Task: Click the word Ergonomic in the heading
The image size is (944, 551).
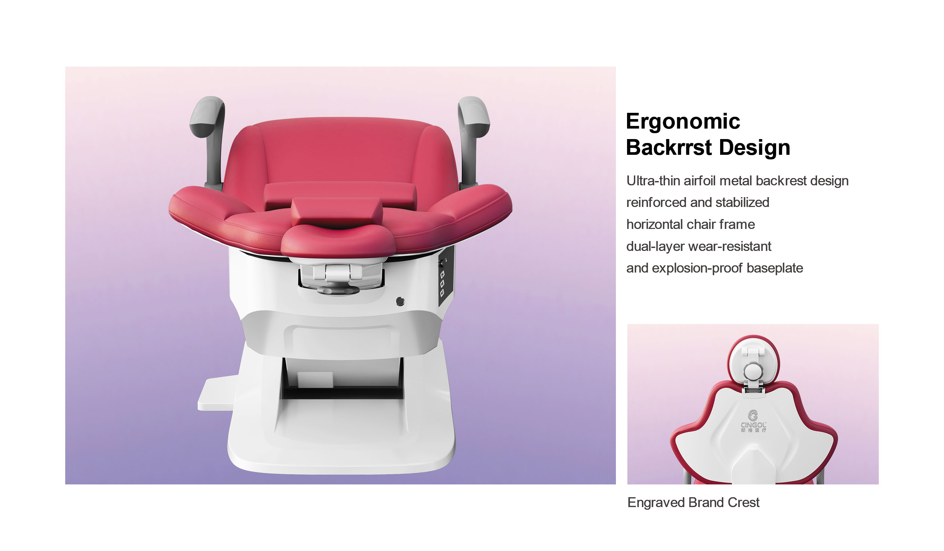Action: click(683, 121)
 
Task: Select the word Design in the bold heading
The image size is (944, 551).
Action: click(755, 148)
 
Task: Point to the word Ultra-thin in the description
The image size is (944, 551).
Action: click(653, 181)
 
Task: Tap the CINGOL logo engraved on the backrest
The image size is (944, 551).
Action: click(753, 422)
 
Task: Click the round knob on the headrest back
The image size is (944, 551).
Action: click(753, 371)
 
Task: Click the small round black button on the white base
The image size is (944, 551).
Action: click(400, 301)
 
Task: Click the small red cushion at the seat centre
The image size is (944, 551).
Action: click(337, 212)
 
